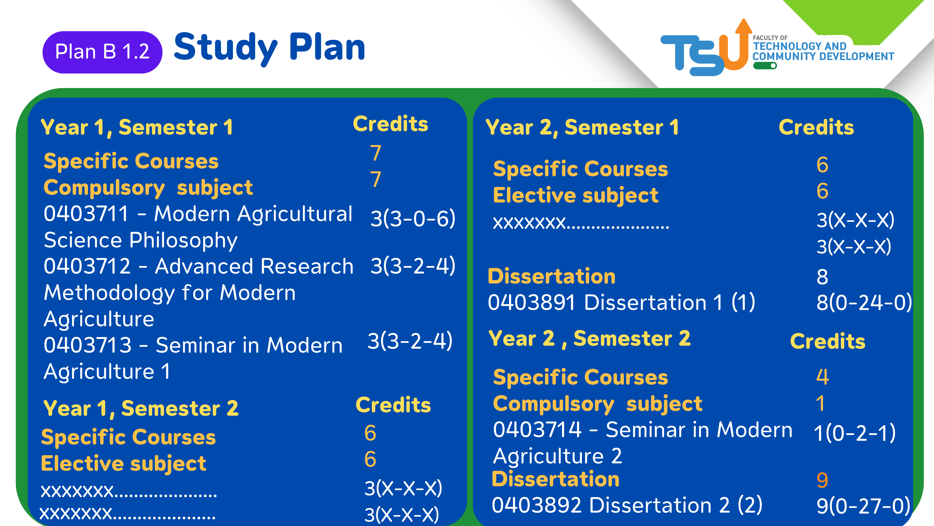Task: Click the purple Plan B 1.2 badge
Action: coord(102,52)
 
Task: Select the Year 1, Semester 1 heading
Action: coord(137,128)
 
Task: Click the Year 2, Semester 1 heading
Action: coord(582,128)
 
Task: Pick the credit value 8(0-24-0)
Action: coord(864,302)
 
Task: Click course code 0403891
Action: coord(532,302)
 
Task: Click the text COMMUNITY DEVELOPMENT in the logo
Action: coord(823,57)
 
